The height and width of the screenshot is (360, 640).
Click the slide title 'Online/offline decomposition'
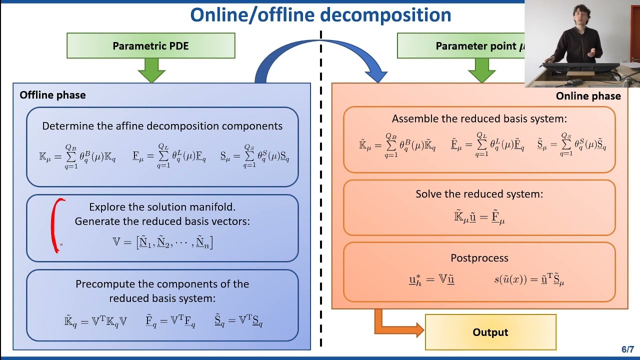[320, 15]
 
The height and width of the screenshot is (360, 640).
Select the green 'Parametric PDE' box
[150, 46]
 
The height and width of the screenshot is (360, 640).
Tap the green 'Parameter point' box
[460, 46]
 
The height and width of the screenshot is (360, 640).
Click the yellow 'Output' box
[490, 332]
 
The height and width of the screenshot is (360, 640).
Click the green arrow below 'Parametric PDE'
[150, 70]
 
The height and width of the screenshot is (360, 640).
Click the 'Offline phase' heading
[52, 95]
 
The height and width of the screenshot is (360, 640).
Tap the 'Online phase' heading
[588, 96]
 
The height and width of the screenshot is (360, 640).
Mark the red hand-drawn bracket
[56, 225]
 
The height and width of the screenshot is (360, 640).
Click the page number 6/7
[627, 349]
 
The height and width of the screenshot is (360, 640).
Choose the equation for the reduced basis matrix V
[162, 242]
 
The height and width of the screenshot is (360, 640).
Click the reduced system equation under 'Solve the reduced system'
[479, 217]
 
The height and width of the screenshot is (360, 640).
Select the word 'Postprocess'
[479, 258]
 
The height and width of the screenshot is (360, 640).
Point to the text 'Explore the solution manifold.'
[162, 207]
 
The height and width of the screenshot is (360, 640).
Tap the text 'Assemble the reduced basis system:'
[479, 119]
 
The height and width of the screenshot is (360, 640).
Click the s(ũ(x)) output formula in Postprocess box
[529, 280]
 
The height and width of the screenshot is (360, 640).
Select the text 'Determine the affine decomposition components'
[162, 126]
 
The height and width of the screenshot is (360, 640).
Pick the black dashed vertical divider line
[320, 200]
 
